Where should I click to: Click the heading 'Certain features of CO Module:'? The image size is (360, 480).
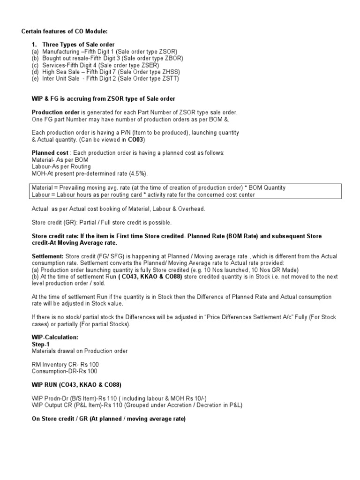(x=65, y=31)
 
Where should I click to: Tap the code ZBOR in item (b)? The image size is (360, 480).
(x=174, y=58)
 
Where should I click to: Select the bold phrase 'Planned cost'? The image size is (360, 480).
(x=50, y=153)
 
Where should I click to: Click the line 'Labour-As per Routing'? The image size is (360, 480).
(x=61, y=167)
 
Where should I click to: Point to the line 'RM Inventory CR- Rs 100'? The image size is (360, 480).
(x=65, y=364)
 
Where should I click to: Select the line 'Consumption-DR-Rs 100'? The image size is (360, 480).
(x=65, y=371)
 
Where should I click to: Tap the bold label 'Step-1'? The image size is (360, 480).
(x=41, y=344)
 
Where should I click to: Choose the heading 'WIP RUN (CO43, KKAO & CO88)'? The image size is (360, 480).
(x=76, y=385)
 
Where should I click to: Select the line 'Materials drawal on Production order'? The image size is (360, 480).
(x=80, y=351)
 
